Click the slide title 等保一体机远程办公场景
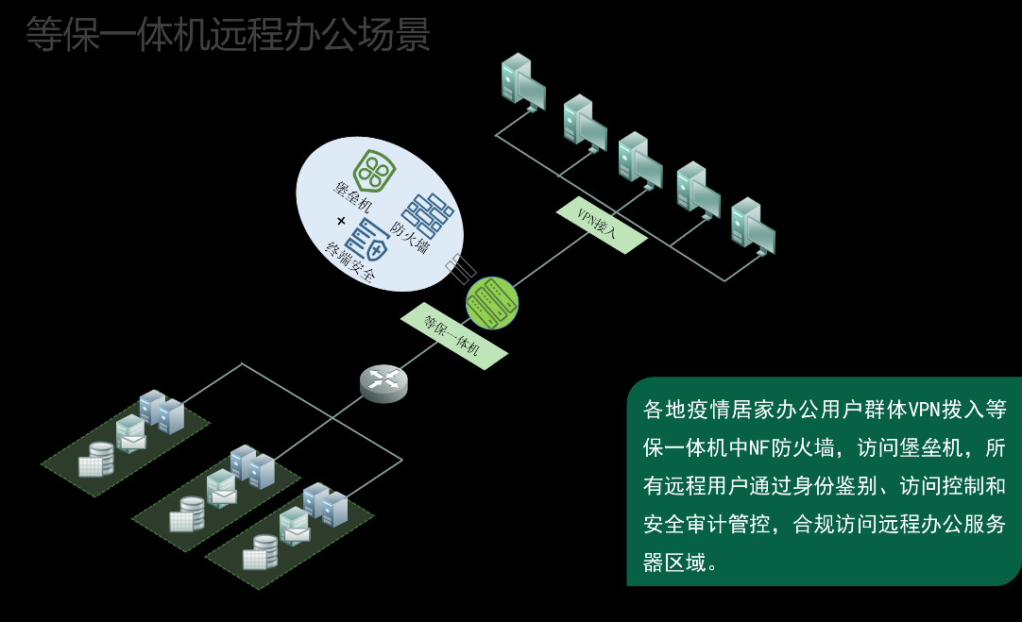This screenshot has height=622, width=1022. pos(228,34)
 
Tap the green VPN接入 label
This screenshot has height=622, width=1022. pos(602,224)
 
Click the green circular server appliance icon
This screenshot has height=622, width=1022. pos(492,303)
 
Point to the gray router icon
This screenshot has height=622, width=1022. pos(383,380)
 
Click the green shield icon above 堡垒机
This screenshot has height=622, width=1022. pos(375,172)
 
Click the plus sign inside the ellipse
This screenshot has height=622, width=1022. pos(340,222)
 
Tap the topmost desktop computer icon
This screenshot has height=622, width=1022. pos(522,80)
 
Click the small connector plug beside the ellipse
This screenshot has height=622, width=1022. pos(459,267)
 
